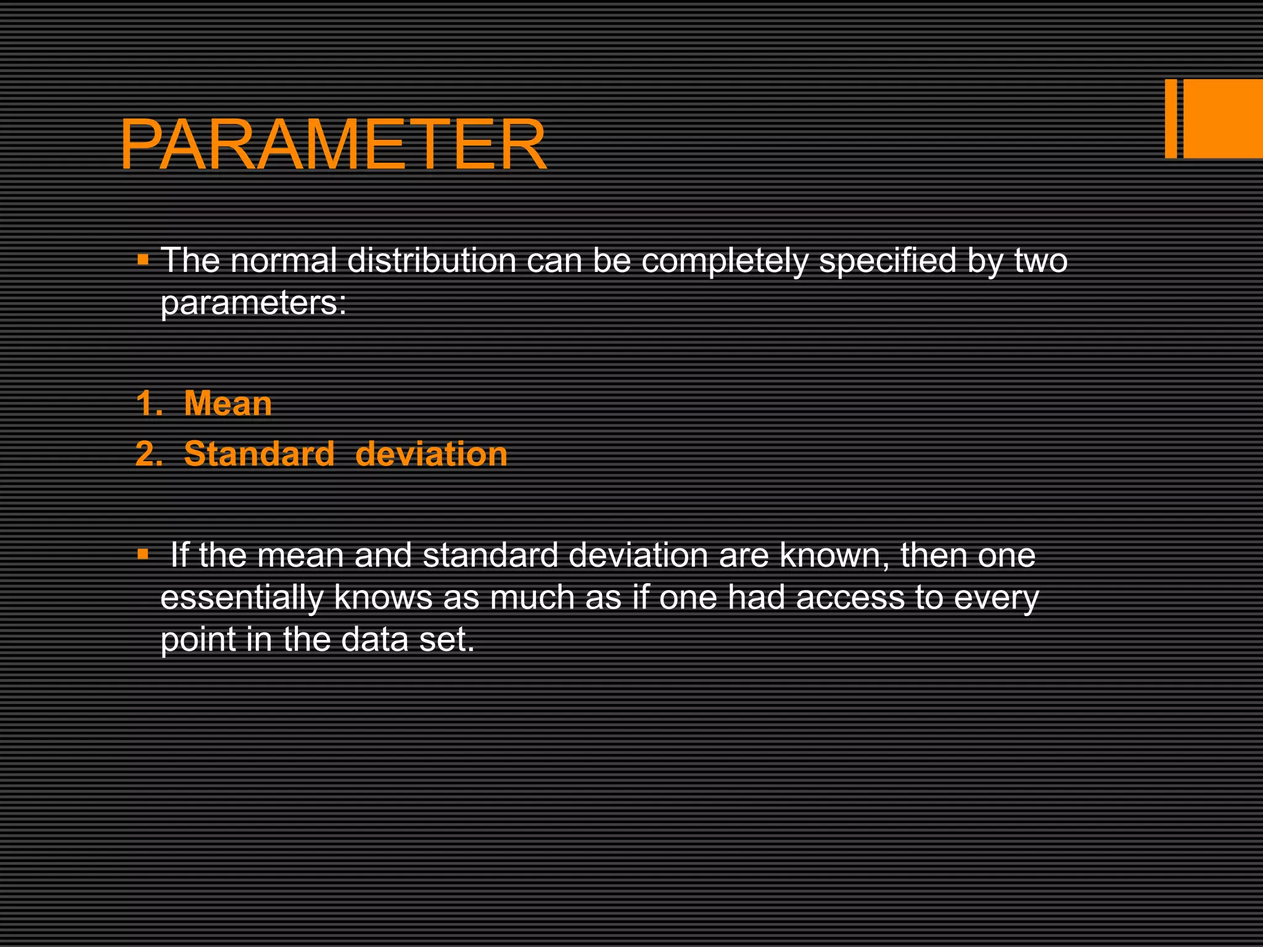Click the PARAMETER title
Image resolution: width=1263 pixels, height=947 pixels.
pyautogui.click(x=333, y=146)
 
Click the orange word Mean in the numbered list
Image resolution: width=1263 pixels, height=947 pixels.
pyautogui.click(x=228, y=404)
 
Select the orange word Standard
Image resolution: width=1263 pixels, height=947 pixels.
pyautogui.click(x=259, y=454)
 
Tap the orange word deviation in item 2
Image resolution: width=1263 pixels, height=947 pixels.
pyautogui.click(x=431, y=454)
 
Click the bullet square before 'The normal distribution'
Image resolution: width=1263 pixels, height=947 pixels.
pyautogui.click(x=143, y=258)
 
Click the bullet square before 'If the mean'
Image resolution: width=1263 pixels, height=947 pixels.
pyautogui.click(x=143, y=554)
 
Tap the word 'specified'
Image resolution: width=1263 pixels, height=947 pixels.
pyautogui.click(x=887, y=261)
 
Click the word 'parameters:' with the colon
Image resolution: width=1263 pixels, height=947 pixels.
pyautogui.click(x=253, y=303)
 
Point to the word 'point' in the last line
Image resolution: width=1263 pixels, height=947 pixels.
pyautogui.click(x=198, y=640)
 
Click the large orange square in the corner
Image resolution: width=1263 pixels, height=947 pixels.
pyautogui.click(x=1223, y=118)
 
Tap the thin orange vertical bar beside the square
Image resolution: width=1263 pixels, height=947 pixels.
pyautogui.click(x=1170, y=118)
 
